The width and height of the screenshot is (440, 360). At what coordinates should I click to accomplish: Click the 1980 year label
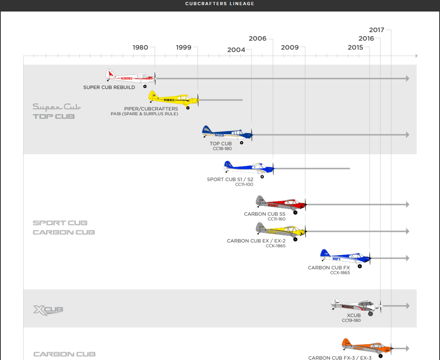pyautogui.click(x=140, y=47)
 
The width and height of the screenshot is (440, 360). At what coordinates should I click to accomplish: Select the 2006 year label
pyautogui.click(x=258, y=39)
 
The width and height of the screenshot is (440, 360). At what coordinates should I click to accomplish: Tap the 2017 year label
pyautogui.click(x=376, y=30)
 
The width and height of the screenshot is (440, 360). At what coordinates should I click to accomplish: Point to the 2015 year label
pyautogui.click(x=355, y=47)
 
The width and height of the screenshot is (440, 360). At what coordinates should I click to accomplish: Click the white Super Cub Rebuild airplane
pyautogui.click(x=131, y=77)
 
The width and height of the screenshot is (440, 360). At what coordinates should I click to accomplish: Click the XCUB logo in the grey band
pyautogui.click(x=48, y=310)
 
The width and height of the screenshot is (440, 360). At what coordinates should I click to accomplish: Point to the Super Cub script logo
pyautogui.click(x=57, y=107)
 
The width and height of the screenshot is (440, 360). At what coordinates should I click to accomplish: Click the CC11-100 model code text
pyautogui.click(x=244, y=184)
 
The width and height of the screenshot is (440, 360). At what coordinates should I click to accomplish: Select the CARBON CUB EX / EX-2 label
pyautogui.click(x=256, y=241)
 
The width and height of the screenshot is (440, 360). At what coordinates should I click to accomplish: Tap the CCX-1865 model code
pyautogui.click(x=340, y=273)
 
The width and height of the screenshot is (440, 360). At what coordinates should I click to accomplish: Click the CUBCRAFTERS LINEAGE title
pyautogui.click(x=220, y=4)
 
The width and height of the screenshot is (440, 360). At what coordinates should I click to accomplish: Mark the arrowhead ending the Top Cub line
pyautogui.click(x=407, y=135)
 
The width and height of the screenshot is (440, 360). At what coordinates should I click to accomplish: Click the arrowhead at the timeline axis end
pyautogui.click(x=416, y=56)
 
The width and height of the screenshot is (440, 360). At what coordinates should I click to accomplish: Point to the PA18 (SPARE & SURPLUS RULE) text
pyautogui.click(x=144, y=114)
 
